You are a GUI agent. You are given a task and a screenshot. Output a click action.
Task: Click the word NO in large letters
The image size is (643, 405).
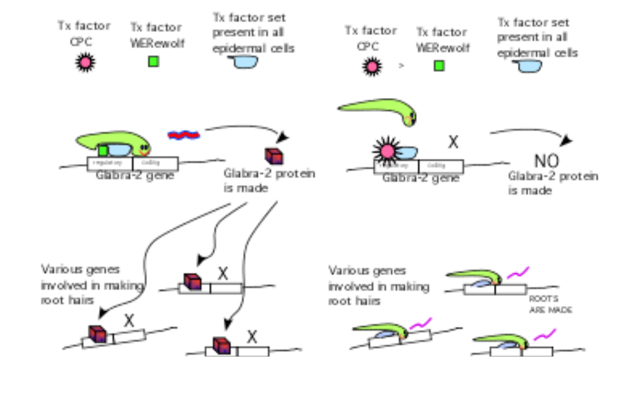coord(546,161)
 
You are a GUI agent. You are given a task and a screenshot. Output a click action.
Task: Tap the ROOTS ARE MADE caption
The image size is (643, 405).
coord(550,305)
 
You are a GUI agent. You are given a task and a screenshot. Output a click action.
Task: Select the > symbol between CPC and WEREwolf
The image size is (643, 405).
coord(401,66)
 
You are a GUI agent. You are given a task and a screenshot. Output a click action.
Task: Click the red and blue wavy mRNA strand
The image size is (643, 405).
coord(183,134)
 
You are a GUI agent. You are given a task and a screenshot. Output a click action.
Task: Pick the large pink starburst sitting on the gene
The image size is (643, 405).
coord(387,151)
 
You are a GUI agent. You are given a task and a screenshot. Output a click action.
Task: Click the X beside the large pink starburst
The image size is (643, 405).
coord(453,143)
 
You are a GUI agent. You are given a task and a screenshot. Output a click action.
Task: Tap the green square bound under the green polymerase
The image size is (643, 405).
coord(103,151)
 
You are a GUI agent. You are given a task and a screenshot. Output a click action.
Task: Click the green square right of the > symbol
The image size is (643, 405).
coord(439,65)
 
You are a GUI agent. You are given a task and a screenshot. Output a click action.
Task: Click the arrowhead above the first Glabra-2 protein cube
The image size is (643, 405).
coord(282,137)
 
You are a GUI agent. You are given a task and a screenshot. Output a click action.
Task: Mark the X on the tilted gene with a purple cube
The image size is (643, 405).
coord(129,321)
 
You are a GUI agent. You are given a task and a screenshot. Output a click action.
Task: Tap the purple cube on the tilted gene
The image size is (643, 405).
coord(97,334)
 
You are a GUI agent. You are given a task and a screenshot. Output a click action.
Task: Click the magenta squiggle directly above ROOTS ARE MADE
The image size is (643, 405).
coord(518,273)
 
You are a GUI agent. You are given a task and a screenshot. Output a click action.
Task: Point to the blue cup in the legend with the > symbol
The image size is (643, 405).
coord(529,66)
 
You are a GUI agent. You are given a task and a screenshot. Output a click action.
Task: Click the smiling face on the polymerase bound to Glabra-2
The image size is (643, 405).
coord(144,149)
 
